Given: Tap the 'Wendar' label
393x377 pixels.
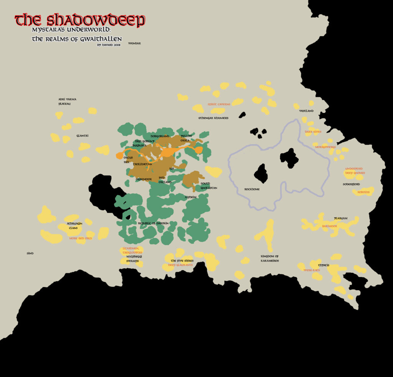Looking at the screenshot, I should click(x=135, y=43).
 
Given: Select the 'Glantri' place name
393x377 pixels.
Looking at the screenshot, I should click(x=83, y=136).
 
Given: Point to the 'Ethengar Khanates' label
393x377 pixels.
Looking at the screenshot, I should click(x=213, y=118).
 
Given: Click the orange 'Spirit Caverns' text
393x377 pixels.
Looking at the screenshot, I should click(x=219, y=104).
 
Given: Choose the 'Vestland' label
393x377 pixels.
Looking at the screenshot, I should click(x=306, y=111).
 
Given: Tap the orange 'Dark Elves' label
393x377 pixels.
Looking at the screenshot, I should click(x=313, y=132).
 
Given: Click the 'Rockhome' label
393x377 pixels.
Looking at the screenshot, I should click(x=252, y=189).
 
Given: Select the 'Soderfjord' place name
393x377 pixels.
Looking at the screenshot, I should click(x=351, y=184).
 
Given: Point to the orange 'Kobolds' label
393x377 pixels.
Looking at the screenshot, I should click(x=363, y=192).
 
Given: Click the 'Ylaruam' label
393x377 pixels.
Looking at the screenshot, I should click(x=340, y=218).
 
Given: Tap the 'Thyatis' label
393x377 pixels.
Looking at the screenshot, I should click(x=324, y=265).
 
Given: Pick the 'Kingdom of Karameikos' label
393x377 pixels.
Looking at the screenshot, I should click(x=269, y=258).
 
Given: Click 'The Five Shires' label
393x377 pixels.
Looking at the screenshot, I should click(x=182, y=261).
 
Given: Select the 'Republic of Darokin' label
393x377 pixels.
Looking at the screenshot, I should click(x=153, y=223).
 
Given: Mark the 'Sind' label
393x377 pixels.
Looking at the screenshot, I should click(x=30, y=254).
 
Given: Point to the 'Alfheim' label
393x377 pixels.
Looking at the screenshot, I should click(x=191, y=197).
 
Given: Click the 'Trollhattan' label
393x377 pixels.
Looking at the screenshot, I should click(x=142, y=164).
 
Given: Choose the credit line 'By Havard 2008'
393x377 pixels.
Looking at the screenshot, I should click(x=109, y=45).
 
